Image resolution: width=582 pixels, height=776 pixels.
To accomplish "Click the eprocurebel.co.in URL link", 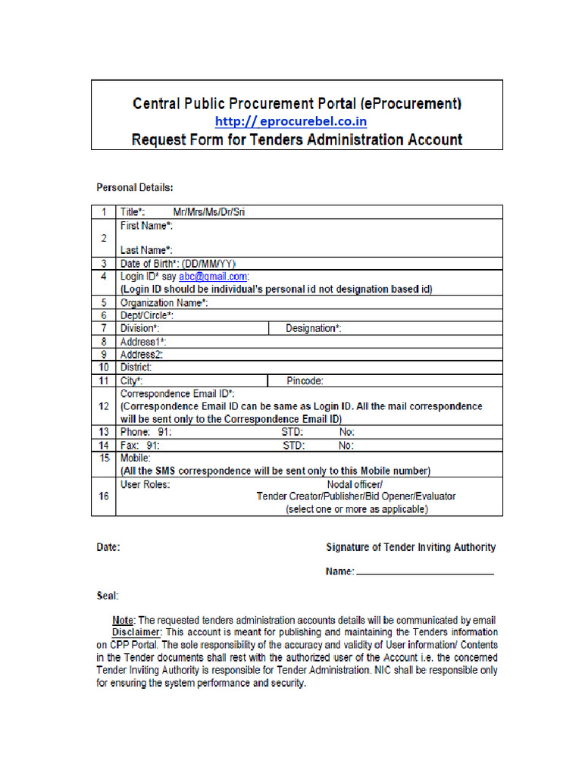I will [x=291, y=121].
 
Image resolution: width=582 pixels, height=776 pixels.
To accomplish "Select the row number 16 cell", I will [x=103, y=496].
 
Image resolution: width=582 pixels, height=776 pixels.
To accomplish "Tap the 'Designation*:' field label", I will [x=313, y=328].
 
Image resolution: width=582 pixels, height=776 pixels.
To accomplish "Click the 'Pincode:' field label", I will [x=305, y=380].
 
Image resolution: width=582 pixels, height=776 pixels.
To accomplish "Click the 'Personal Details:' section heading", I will [x=135, y=186].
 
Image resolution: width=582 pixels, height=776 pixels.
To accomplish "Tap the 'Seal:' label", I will [x=108, y=596].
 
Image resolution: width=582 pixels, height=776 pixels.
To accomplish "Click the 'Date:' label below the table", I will [x=108, y=547].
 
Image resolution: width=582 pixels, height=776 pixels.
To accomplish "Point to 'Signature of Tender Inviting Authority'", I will [x=411, y=547].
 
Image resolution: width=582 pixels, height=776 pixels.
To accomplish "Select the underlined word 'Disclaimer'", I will [x=136, y=631].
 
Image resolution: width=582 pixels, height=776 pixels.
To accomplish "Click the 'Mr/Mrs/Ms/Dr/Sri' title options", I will [x=209, y=212].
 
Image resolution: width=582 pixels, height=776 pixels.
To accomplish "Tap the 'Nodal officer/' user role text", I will [x=355, y=483].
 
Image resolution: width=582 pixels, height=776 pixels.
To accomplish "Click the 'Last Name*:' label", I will [x=146, y=249].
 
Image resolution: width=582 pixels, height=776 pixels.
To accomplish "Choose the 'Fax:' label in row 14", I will [x=130, y=445].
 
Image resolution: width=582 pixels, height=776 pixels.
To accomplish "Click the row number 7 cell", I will [x=103, y=328].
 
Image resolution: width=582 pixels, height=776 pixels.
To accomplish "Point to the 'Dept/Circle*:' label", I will [x=147, y=315].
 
